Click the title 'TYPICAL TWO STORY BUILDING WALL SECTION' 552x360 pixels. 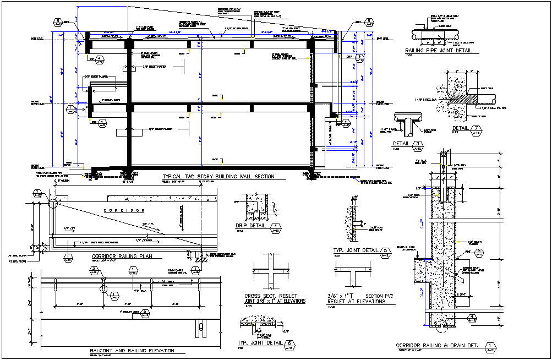(218, 177)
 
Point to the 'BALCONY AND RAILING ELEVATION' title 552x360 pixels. (132, 351)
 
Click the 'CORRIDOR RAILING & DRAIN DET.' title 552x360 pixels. (435, 346)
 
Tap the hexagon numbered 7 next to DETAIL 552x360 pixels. (477, 129)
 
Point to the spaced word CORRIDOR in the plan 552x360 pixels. (124, 210)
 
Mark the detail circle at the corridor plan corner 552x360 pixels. (53, 204)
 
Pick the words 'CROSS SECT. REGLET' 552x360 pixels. (270, 296)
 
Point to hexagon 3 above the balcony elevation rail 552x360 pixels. (94, 270)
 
